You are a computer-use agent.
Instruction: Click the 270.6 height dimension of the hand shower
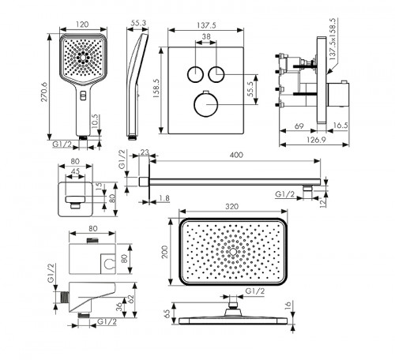(43, 92)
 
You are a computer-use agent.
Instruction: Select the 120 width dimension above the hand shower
(82, 24)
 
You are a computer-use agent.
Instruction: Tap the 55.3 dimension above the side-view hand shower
(138, 23)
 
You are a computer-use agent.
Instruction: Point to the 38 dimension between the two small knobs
(206, 36)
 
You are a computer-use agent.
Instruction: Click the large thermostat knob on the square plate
(205, 104)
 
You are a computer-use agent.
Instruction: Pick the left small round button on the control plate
(195, 74)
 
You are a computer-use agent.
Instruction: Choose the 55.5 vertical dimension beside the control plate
(250, 90)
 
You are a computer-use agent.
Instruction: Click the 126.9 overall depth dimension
(316, 140)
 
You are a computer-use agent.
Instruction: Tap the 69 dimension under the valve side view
(299, 126)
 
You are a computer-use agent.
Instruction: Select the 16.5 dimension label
(340, 126)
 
